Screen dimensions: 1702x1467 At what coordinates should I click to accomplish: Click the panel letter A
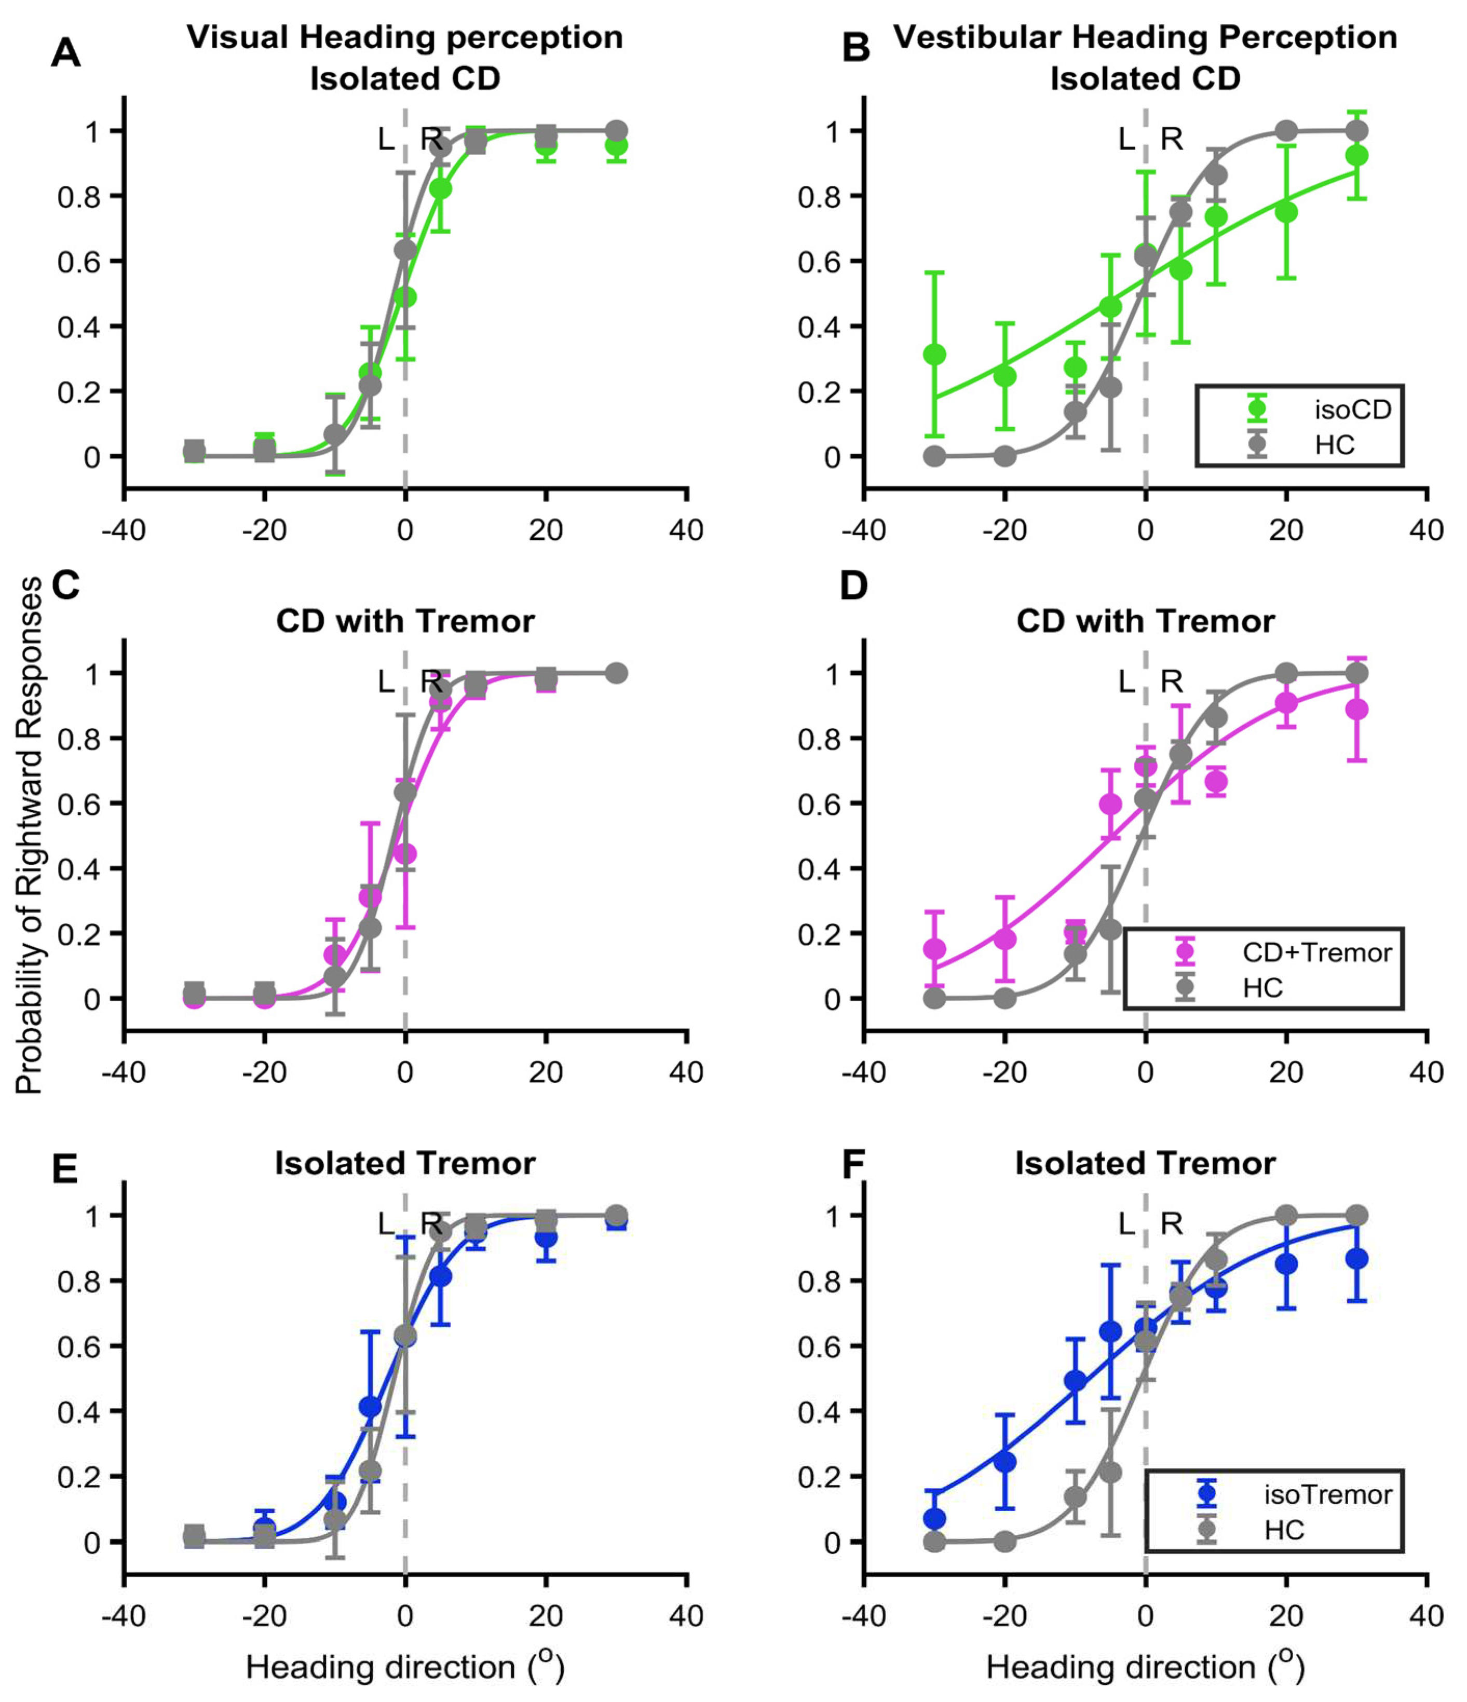pos(66,53)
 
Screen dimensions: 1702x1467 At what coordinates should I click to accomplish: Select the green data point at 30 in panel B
pos(1357,155)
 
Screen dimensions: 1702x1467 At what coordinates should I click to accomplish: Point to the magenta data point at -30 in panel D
pos(934,949)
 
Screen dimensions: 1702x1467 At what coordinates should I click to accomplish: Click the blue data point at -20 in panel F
pos(1004,1461)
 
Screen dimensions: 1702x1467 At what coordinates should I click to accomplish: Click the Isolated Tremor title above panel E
pos(405,1163)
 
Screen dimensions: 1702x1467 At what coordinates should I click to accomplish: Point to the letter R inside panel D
pos(1171,681)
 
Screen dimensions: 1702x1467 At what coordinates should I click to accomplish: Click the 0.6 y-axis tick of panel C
pos(77,804)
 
